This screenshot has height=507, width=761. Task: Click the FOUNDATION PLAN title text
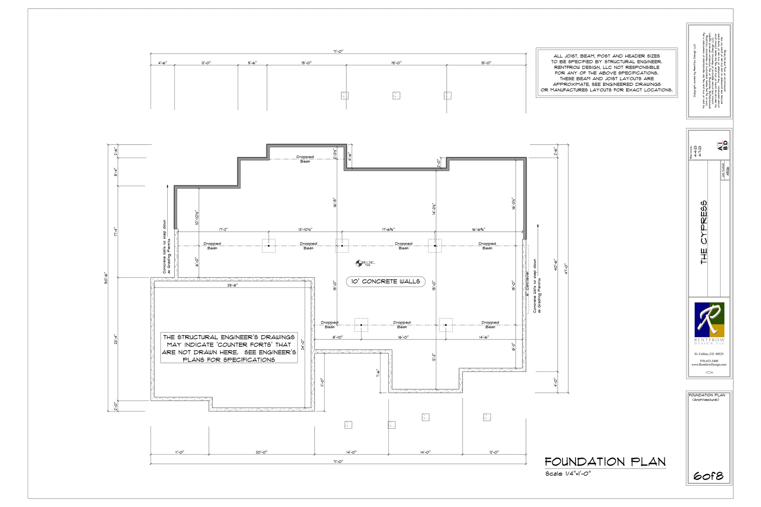click(x=605, y=462)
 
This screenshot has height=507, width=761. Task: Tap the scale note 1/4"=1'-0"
click(x=568, y=474)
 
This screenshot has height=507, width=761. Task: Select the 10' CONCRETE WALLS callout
click(x=385, y=282)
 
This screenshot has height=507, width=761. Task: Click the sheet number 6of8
click(x=708, y=476)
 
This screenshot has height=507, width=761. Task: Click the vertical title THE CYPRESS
click(x=704, y=232)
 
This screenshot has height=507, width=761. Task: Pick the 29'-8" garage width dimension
click(x=233, y=285)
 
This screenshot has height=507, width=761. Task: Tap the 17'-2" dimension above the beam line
click(x=224, y=230)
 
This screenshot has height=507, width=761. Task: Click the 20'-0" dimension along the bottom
click(x=261, y=452)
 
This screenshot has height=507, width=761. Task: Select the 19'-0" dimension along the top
click(x=396, y=63)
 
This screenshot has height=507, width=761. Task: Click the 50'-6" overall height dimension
click(x=106, y=278)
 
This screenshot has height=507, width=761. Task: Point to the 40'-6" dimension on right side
click(x=555, y=265)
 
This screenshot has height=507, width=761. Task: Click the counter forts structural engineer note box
click(x=229, y=348)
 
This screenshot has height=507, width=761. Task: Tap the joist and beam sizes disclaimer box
click(x=606, y=73)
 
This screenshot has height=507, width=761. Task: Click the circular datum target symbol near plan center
click(x=359, y=263)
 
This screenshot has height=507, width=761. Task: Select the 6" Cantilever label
click(x=528, y=284)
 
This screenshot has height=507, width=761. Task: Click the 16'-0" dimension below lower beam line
click(x=403, y=337)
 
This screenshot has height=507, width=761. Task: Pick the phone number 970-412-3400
click(x=709, y=361)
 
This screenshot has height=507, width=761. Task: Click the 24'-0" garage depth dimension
click(x=302, y=344)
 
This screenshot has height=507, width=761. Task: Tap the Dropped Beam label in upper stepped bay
click(x=305, y=159)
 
